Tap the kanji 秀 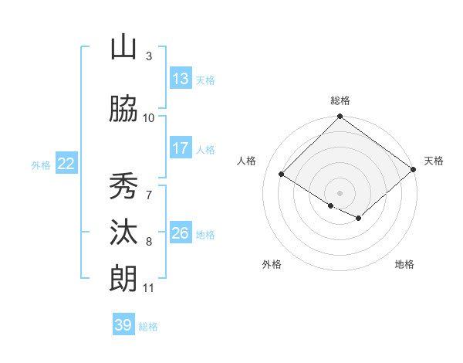click(x=123, y=186)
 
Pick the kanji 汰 click(x=123, y=233)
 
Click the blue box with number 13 click(x=181, y=79)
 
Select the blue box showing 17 click(x=181, y=148)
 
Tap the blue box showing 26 click(x=181, y=233)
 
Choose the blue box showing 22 click(x=66, y=164)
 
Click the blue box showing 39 click(x=123, y=325)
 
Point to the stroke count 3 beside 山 click(x=148, y=56)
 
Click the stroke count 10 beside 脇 click(x=149, y=117)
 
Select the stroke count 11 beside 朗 click(x=149, y=288)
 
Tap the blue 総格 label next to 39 click(x=148, y=327)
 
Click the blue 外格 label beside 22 click(x=41, y=165)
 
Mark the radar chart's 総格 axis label click(x=340, y=100)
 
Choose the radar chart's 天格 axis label click(x=434, y=161)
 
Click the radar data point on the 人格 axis click(x=282, y=175)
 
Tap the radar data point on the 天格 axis click(x=414, y=169)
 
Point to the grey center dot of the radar click(x=340, y=192)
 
